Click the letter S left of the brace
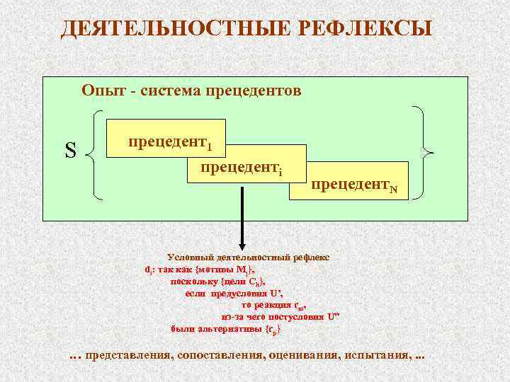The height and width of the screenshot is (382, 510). (x=70, y=151)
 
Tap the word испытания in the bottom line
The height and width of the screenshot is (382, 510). (x=375, y=354)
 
